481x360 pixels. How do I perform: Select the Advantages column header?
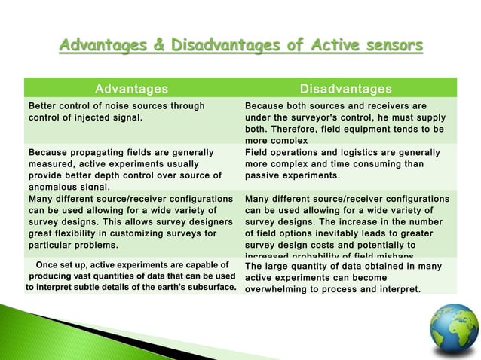[131, 90]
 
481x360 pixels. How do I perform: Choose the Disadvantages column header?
[346, 90]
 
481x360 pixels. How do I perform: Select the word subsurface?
[204, 288]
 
